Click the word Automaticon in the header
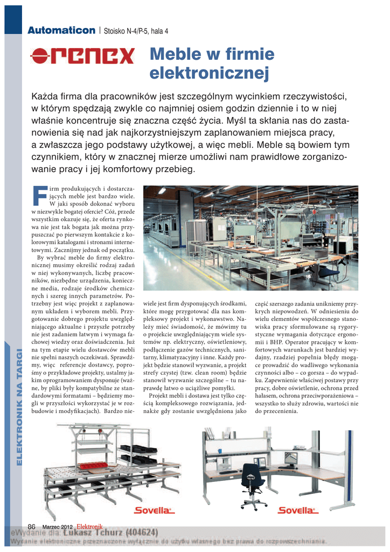[62, 30]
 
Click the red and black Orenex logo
[82, 55]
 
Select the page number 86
[31, 527]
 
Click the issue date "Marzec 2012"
[58, 527]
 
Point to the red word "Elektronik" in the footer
[89, 526]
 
